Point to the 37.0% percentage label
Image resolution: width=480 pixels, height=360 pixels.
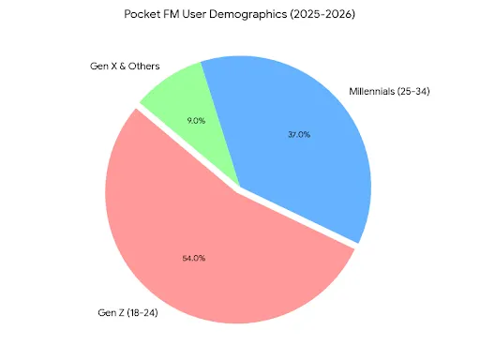coord(298,134)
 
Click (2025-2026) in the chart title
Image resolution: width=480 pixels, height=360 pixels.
coord(323,16)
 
